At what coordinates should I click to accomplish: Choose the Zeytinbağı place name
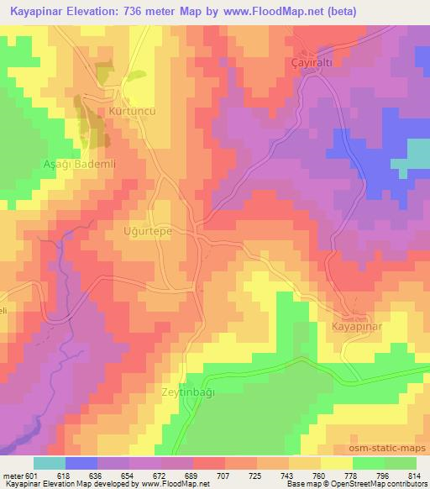tap(188, 392)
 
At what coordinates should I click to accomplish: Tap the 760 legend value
tap(317, 476)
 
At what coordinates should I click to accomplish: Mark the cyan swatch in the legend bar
tap(50, 463)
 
